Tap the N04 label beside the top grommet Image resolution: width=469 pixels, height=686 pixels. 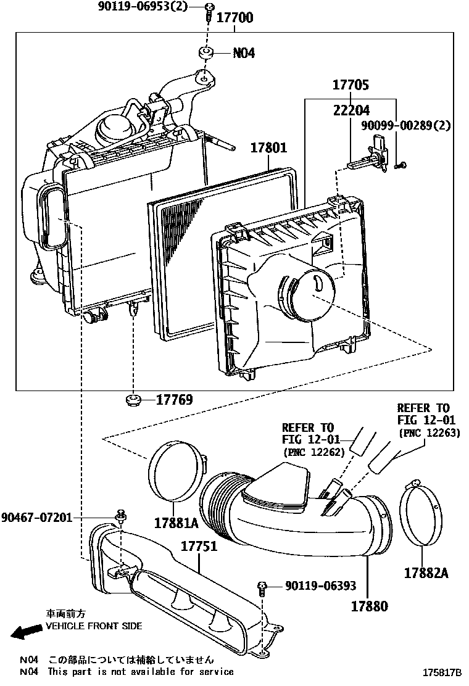[x=244, y=53]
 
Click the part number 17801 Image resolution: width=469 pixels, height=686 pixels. [x=268, y=148]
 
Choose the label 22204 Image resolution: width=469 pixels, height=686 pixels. [x=351, y=110]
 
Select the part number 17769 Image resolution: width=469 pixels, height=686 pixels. [x=175, y=400]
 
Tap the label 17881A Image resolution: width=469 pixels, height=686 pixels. [x=176, y=523]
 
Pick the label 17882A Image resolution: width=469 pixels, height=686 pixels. [x=426, y=572]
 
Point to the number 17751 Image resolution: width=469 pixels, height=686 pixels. [x=199, y=547]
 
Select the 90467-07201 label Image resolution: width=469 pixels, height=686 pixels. [x=36, y=516]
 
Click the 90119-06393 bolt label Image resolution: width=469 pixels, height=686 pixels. [x=321, y=586]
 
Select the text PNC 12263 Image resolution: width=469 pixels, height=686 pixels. [x=430, y=433]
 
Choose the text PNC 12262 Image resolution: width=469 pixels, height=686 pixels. [x=312, y=452]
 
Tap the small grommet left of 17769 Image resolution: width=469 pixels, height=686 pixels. [x=131, y=401]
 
